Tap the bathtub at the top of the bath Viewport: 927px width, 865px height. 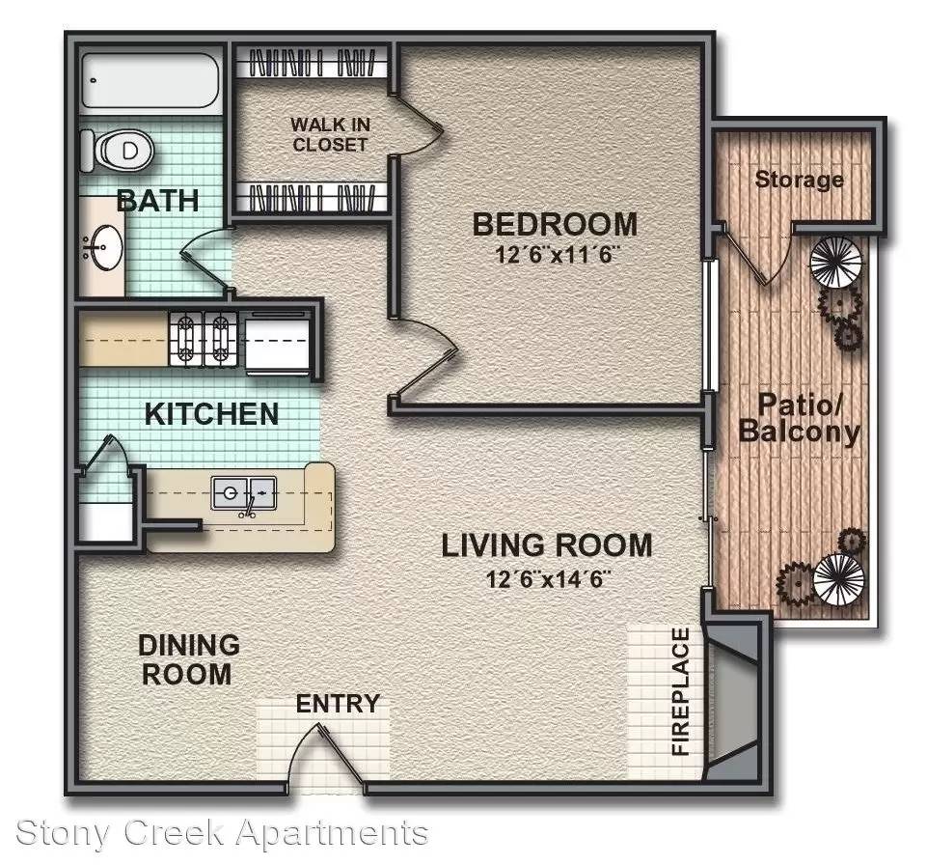coord(150,80)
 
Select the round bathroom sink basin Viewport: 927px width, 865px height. coord(102,245)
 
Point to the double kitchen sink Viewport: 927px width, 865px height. coord(244,493)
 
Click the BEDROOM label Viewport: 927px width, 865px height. coord(555,225)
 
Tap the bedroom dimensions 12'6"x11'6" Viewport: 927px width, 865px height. coord(555,255)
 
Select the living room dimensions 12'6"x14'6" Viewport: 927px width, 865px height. coord(547,578)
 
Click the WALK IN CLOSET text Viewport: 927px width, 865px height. coord(330,134)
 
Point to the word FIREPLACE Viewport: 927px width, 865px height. coord(681,691)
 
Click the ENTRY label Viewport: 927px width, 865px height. coord(338,704)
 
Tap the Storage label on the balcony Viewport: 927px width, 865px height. coord(799,179)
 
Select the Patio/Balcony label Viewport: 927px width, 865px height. coord(799,418)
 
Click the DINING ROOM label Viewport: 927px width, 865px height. coord(189,659)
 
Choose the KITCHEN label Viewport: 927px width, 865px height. coord(211,413)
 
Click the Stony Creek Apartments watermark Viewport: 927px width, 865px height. coord(222,832)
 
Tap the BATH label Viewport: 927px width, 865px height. coord(158,201)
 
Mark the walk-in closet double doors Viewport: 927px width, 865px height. coord(418,125)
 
